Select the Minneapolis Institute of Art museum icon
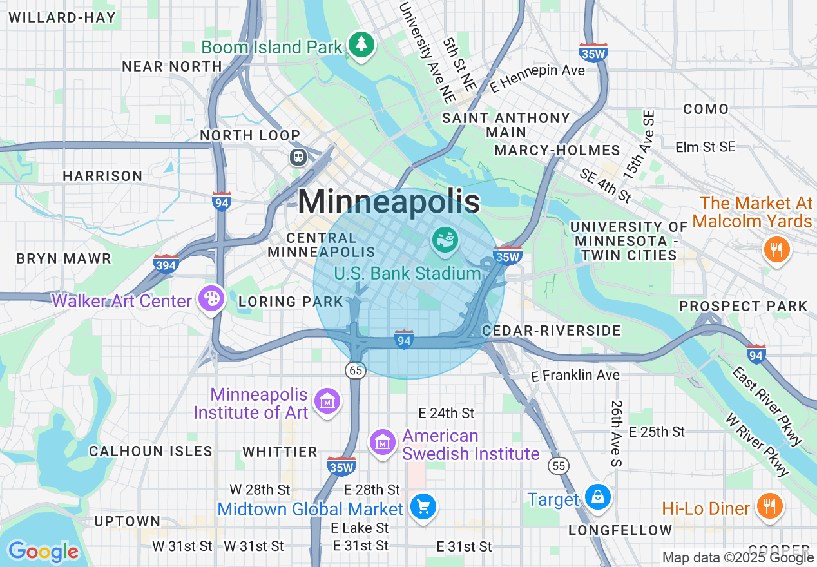327,402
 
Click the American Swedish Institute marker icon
383,443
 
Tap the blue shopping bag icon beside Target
597,497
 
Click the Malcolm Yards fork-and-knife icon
776,249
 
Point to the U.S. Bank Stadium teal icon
445,240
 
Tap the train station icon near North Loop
298,157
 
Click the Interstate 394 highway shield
166,264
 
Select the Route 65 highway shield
354,370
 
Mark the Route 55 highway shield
559,465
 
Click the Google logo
43,552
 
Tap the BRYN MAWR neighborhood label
64,258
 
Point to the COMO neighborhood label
706,109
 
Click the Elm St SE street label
705,147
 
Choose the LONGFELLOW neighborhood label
620,530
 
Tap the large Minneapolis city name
389,202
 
